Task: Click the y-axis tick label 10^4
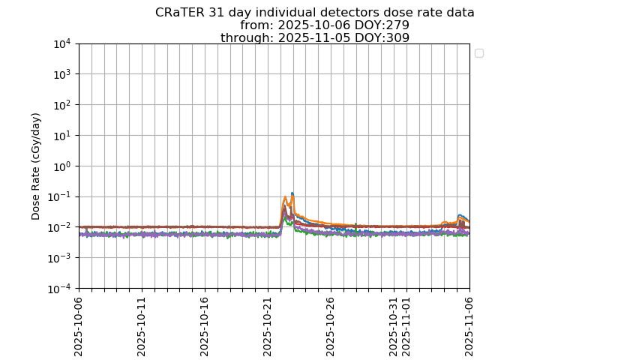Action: (62, 44)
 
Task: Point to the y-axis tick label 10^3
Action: (62, 75)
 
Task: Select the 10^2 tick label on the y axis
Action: (62, 105)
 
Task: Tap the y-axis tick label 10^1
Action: (62, 136)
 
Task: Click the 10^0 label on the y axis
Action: (62, 166)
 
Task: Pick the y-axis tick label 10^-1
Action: (60, 197)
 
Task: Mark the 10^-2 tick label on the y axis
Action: (60, 228)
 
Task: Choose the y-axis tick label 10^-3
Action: (60, 258)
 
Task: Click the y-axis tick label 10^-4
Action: (60, 289)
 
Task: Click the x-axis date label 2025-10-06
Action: (79, 325)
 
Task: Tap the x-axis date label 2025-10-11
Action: (142, 325)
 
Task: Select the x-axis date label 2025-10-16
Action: (205, 325)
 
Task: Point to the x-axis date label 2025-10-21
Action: (268, 325)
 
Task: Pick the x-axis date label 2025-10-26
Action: (331, 325)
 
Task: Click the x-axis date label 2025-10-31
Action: (394, 325)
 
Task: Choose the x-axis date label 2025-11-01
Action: (406, 325)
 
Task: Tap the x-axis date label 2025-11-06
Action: (469, 325)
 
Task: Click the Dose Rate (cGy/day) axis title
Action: (36, 166)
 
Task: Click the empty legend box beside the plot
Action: (479, 53)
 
